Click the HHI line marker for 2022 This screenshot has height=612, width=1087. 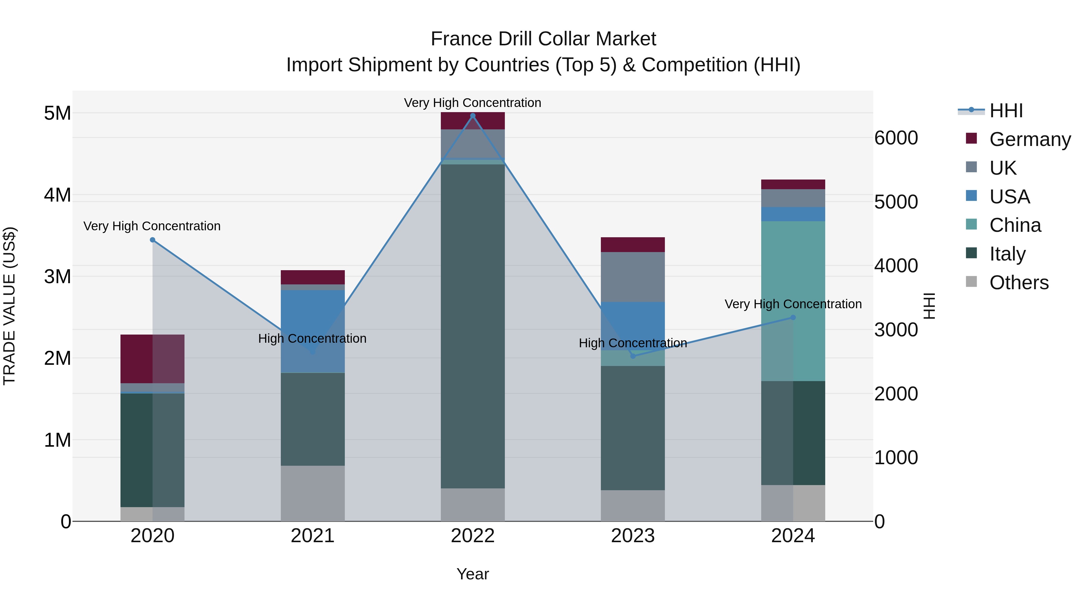(x=473, y=116)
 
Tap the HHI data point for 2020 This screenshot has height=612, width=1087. (x=153, y=240)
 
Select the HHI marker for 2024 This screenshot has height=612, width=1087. (x=793, y=318)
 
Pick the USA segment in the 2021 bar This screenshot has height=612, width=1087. (x=313, y=321)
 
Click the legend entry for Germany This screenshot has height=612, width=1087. (x=1030, y=139)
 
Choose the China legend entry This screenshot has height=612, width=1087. (x=1015, y=225)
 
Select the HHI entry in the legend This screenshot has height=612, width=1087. (x=1006, y=111)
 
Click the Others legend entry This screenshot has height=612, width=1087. (x=1019, y=283)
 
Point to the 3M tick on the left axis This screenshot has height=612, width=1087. (x=58, y=277)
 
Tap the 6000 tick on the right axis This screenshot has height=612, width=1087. (x=896, y=138)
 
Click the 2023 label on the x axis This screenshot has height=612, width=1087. (x=633, y=536)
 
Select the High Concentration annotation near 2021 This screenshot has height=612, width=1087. (x=312, y=338)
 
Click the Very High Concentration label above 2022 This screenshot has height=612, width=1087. (x=472, y=103)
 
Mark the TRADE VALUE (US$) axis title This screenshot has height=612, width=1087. (x=9, y=306)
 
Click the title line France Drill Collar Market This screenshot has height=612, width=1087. (x=543, y=39)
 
